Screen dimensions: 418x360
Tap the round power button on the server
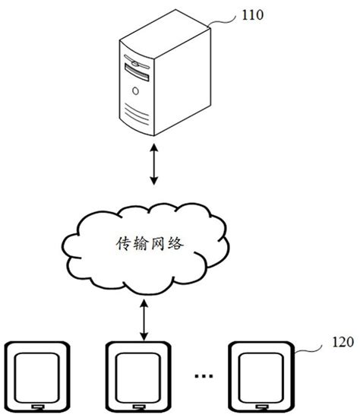pos(135,91)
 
